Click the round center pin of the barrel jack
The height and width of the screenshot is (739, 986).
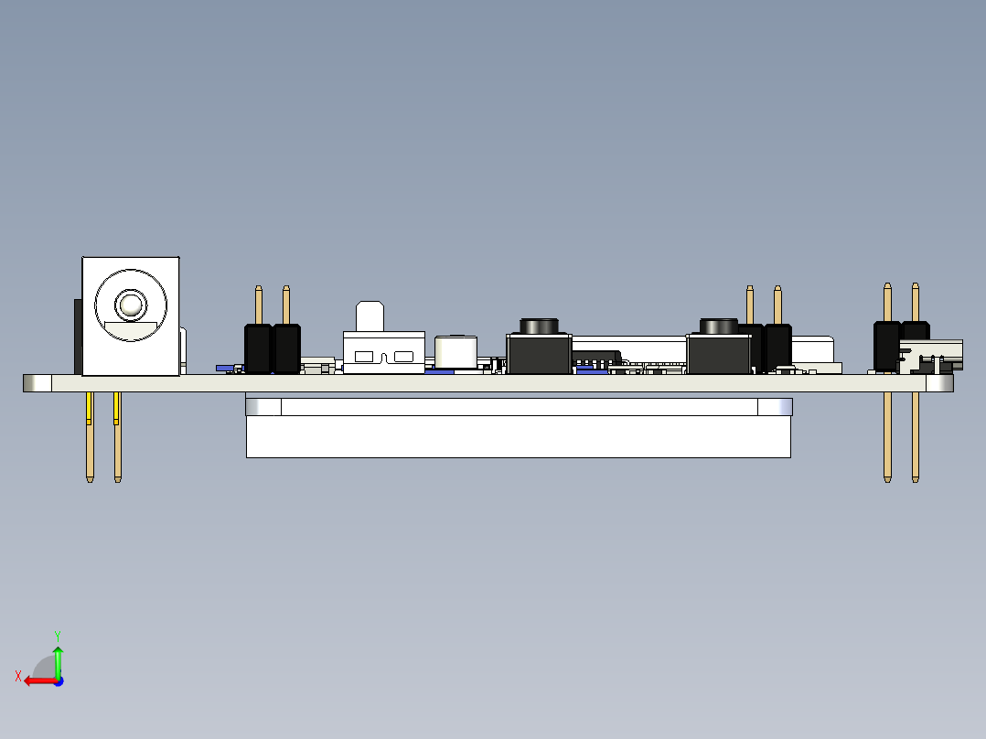pos(131,305)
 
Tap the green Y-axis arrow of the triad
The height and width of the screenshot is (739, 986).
pos(58,661)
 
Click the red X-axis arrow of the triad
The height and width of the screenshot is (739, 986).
pos(40,681)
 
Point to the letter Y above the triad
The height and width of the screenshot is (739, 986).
pos(58,636)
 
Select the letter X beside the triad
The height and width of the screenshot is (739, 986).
pos(18,676)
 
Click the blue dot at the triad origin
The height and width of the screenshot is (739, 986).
pos(59,681)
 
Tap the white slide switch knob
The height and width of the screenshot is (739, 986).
pos(370,316)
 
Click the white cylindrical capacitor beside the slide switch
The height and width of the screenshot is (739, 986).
pos(455,352)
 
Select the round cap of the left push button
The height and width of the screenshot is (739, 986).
pos(539,326)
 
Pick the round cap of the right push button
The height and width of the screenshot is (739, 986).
pos(719,326)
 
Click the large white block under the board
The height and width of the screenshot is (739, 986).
pos(518,436)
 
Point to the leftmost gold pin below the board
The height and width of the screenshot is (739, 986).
pos(90,437)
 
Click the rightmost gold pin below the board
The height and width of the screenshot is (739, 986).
pos(916,437)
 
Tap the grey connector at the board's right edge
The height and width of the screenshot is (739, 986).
pos(931,356)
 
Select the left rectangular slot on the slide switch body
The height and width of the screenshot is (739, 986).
pos(364,357)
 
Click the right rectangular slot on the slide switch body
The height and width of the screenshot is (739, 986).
pos(403,357)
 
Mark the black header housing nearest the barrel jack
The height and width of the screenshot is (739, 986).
pos(258,349)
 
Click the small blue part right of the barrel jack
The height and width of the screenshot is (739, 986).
pos(224,368)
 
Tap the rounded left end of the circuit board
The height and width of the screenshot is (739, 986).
pos(38,383)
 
